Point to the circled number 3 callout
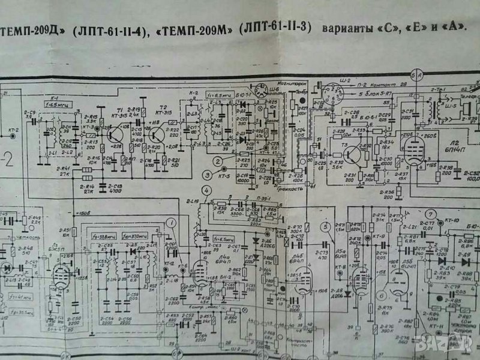pyautogui.click(x=207, y=175)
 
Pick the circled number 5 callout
pyautogui.click(x=325, y=227)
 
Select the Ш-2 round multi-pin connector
pyautogui.click(x=331, y=96)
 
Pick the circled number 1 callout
pyautogui.click(x=172, y=224)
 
